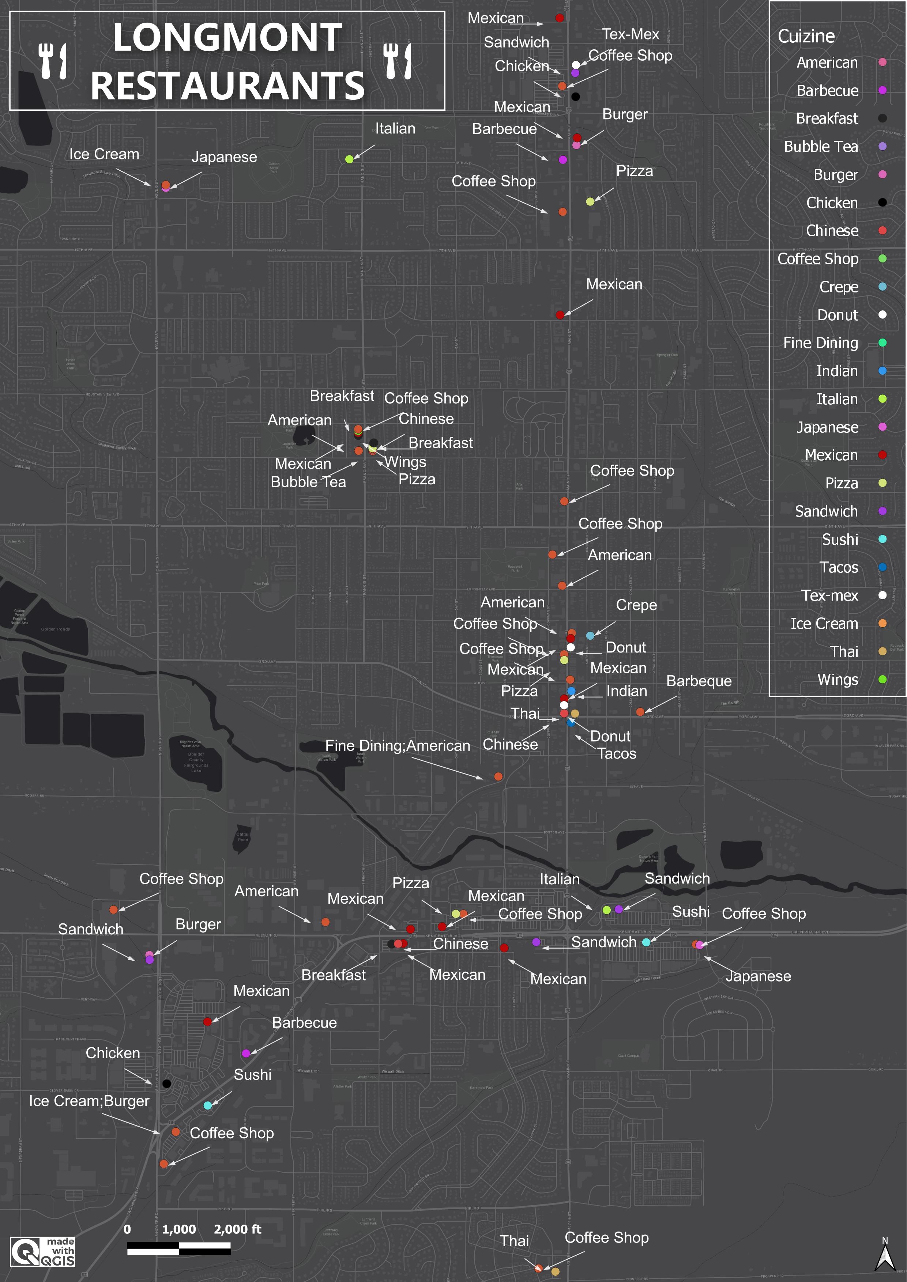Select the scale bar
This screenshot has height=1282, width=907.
179,1248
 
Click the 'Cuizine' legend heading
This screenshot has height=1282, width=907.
806,36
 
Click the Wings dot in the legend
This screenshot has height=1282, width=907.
882,679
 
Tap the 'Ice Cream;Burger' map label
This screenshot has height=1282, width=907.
89,1101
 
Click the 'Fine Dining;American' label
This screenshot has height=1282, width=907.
398,745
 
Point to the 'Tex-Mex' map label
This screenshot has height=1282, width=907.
631,34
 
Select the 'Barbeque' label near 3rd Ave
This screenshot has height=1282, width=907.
699,681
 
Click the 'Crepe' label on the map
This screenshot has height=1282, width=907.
636,605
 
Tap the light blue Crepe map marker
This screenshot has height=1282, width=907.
590,635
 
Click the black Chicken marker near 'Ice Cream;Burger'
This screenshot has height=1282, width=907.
166,1083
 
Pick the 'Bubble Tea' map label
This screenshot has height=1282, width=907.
308,482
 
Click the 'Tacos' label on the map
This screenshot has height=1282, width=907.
617,753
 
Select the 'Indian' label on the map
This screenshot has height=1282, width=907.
626,691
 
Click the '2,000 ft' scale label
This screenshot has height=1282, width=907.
237,1229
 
